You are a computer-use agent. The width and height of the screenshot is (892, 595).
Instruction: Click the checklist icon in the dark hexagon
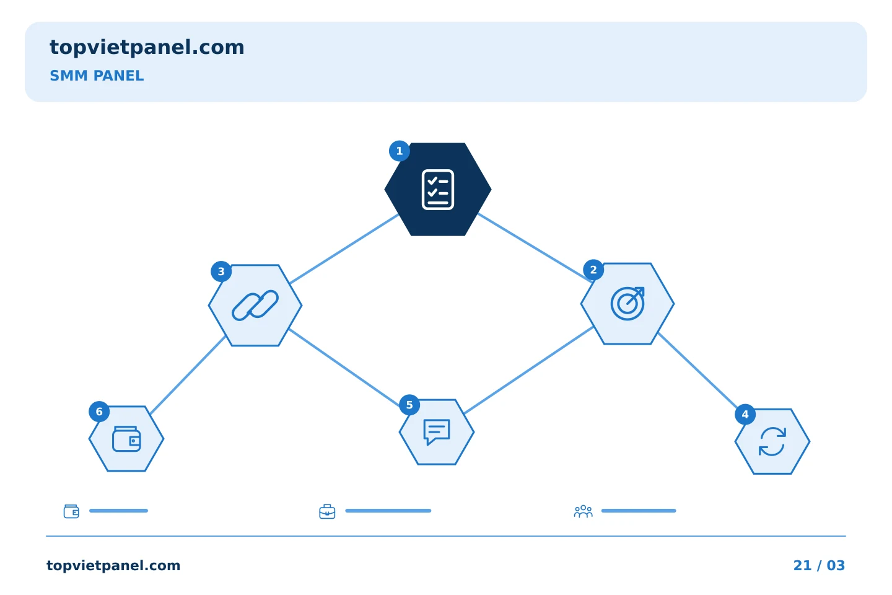click(437, 190)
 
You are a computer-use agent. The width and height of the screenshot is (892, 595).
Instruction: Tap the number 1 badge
click(400, 151)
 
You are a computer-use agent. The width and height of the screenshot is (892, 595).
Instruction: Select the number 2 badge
click(593, 270)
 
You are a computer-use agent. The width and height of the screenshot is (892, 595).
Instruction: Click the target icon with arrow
click(627, 304)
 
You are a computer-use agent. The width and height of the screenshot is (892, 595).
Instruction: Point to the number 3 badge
click(221, 271)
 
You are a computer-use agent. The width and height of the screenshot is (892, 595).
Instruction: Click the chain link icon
click(255, 306)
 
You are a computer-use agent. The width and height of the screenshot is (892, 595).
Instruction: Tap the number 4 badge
click(745, 415)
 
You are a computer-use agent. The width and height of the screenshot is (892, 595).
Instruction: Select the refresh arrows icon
click(772, 441)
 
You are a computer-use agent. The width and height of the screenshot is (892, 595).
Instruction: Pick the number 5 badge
click(409, 405)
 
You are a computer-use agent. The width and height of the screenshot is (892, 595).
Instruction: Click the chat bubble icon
click(437, 431)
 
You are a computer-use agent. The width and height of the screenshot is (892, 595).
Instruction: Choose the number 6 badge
click(99, 412)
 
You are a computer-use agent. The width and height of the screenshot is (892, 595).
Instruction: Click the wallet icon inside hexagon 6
click(126, 439)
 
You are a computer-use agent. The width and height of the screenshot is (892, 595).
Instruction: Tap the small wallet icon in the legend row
click(71, 511)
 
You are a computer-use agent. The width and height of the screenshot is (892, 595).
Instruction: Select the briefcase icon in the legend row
click(327, 512)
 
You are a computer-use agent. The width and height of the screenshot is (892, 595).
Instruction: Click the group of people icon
click(584, 511)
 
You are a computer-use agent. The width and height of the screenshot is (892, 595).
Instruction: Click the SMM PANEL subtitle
click(97, 76)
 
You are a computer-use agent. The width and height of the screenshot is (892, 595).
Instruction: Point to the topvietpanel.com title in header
click(147, 48)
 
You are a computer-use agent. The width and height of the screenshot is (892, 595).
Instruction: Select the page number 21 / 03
click(819, 565)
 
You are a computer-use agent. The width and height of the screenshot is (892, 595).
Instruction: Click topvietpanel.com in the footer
click(113, 566)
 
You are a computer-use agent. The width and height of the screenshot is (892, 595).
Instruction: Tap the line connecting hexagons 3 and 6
click(188, 375)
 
